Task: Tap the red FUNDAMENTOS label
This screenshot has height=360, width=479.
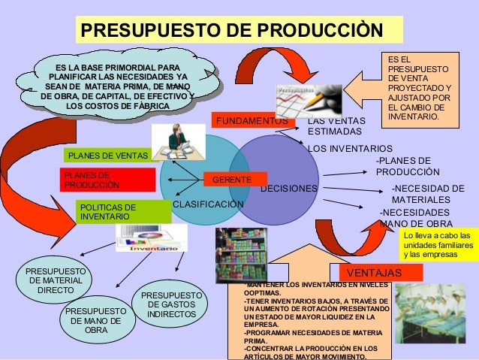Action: (x=252, y=120)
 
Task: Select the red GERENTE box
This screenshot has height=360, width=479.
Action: (x=232, y=180)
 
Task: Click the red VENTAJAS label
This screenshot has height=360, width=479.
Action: (x=375, y=271)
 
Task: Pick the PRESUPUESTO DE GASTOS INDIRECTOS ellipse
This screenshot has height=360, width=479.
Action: (x=171, y=304)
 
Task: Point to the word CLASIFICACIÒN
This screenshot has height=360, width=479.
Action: (x=209, y=204)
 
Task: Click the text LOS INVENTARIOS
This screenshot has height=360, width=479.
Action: (x=350, y=148)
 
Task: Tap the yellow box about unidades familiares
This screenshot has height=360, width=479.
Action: (x=438, y=246)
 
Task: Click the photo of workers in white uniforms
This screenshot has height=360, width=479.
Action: (x=429, y=313)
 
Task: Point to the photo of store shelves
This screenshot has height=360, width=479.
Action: (x=241, y=254)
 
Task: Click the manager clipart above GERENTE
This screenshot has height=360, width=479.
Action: (x=178, y=141)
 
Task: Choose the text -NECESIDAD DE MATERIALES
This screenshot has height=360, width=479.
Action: (x=425, y=194)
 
